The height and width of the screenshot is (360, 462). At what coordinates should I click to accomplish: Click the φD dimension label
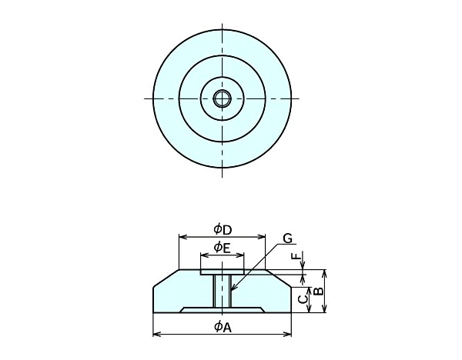pyautogui.click(x=222, y=228)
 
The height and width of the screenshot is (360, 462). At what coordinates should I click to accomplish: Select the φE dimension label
pyautogui.click(x=222, y=247)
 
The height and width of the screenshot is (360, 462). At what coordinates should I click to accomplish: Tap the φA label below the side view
pyautogui.click(x=222, y=326)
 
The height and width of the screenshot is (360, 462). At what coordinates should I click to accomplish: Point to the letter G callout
pyautogui.click(x=287, y=238)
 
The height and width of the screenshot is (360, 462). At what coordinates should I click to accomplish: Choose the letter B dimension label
pyautogui.click(x=316, y=292)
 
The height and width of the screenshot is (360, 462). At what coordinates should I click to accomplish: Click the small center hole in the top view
pyautogui.click(x=222, y=98)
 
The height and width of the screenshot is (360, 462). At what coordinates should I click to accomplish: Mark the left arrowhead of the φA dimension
pyautogui.click(x=156, y=334)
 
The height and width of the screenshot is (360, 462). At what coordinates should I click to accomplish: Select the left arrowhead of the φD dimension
pyautogui.click(x=182, y=237)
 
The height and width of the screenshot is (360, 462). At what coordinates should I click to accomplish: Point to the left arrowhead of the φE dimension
pyautogui.click(x=203, y=255)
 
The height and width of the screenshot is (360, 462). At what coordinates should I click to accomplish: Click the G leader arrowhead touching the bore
pyautogui.click(x=231, y=291)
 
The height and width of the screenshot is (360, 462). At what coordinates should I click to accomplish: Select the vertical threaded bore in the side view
pyautogui.click(x=222, y=291)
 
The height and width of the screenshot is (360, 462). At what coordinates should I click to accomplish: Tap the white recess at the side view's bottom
pyautogui.click(x=222, y=309)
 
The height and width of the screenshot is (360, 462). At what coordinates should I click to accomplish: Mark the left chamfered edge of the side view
pyautogui.click(x=166, y=278)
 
